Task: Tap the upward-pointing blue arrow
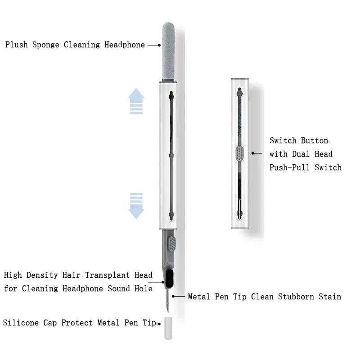click(136, 101)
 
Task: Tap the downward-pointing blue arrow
click(136, 206)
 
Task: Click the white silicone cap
click(168, 328)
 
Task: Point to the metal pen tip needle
click(168, 300)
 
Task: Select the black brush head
click(170, 279)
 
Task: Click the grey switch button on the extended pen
click(172, 243)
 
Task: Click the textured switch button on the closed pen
click(239, 153)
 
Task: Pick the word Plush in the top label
click(17, 45)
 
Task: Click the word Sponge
click(46, 45)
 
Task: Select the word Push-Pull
click(289, 167)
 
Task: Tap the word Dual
click(301, 154)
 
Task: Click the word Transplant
click(107, 275)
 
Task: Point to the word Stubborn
click(296, 297)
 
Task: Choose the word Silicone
click(21, 323)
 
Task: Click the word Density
click(42, 275)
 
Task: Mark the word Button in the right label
click(315, 140)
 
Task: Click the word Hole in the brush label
click(144, 288)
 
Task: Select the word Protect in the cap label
click(77, 323)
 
